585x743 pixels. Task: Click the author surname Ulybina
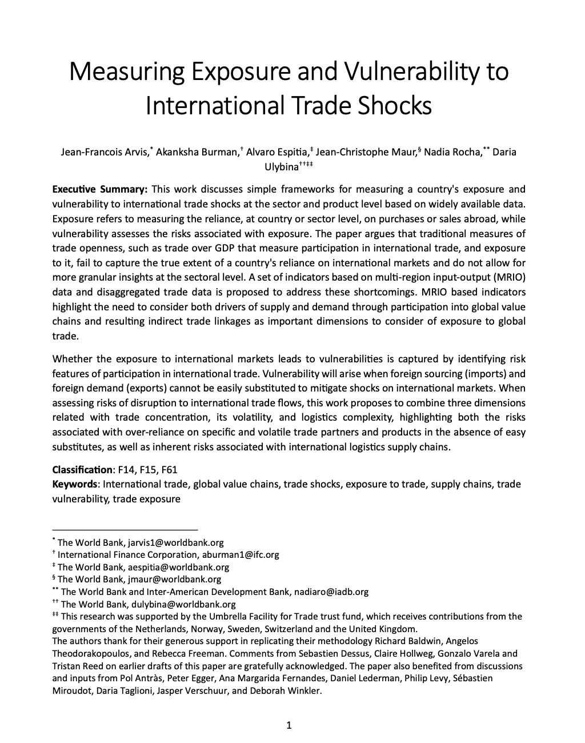(281, 167)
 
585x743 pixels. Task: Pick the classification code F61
(169, 470)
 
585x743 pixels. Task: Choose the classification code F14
(126, 470)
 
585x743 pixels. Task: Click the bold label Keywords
(75, 485)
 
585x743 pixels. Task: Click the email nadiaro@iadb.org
(331, 592)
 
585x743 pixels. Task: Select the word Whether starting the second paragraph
(73, 359)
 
